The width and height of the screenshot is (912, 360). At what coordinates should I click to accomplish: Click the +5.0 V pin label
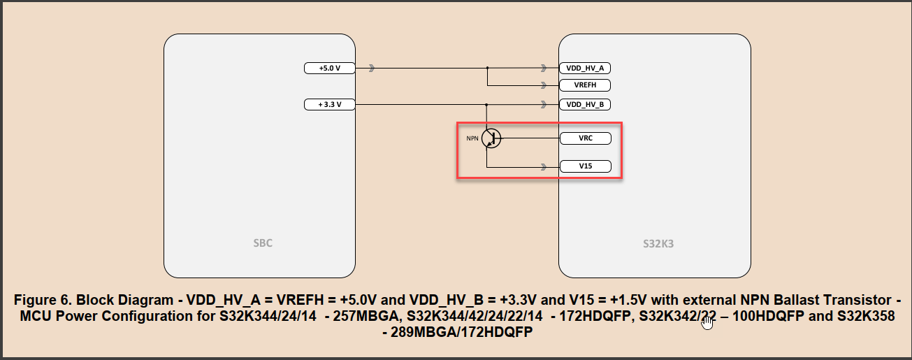pyautogui.click(x=330, y=69)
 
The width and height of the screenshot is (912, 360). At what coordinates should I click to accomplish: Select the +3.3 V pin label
pyautogui.click(x=330, y=105)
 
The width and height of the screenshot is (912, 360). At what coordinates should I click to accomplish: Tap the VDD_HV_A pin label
pyautogui.click(x=586, y=69)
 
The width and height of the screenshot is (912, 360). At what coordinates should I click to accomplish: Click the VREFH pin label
pyautogui.click(x=586, y=86)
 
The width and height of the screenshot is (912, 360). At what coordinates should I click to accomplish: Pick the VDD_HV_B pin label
pyautogui.click(x=586, y=105)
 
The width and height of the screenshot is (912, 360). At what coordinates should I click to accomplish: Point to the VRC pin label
pyautogui.click(x=586, y=138)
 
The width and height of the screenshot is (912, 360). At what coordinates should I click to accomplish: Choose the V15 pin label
pyautogui.click(x=586, y=167)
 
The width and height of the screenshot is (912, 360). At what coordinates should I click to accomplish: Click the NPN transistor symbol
pyautogui.click(x=491, y=138)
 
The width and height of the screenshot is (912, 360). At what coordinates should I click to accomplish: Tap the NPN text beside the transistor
pyautogui.click(x=472, y=138)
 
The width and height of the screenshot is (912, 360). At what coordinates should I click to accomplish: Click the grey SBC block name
pyautogui.click(x=263, y=244)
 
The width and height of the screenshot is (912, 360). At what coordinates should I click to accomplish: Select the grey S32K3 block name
pyautogui.click(x=658, y=245)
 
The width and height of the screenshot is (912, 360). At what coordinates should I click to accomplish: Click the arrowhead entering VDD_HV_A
pyautogui.click(x=544, y=69)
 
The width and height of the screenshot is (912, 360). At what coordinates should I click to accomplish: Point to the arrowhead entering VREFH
pyautogui.click(x=544, y=86)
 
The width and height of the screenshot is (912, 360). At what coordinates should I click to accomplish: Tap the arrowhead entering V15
pyautogui.click(x=544, y=168)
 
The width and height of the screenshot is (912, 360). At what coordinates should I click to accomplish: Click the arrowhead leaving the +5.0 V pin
pyautogui.click(x=372, y=69)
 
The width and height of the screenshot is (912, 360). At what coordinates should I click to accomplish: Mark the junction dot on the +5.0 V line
pyautogui.click(x=487, y=69)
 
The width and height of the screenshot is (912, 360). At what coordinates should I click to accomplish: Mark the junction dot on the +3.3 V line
pyautogui.click(x=487, y=105)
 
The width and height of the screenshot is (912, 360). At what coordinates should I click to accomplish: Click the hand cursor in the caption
pyautogui.click(x=707, y=322)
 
